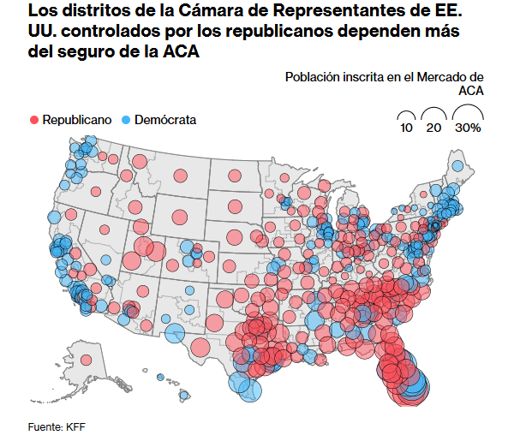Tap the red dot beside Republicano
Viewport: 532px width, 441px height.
(x=35, y=120)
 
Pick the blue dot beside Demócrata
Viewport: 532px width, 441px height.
(x=125, y=120)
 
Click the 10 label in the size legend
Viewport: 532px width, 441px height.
(x=406, y=128)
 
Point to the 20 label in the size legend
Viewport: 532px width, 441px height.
(x=433, y=128)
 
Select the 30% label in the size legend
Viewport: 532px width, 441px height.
(x=468, y=128)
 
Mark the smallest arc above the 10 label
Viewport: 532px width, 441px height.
(x=406, y=115)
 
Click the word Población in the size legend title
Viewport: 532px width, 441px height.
(x=312, y=77)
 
